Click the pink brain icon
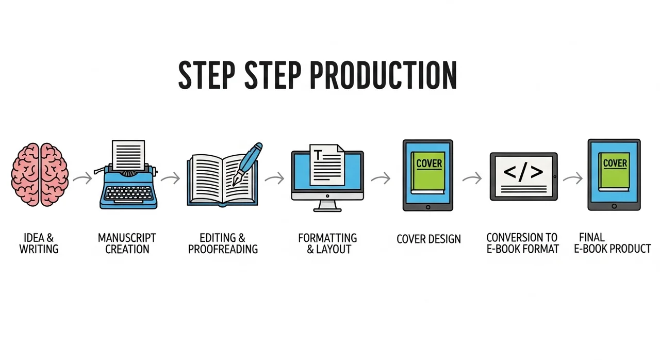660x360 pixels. pyautogui.click(x=40, y=175)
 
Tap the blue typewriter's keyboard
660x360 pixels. pyautogui.click(x=129, y=193)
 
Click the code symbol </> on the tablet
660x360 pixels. pyautogui.click(x=523, y=172)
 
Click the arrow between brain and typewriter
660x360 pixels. pyautogui.click(x=82, y=179)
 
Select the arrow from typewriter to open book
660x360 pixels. pyautogui.click(x=170, y=179)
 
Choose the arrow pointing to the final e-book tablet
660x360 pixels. pyautogui.click(x=572, y=179)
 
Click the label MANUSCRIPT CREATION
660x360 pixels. pyautogui.click(x=127, y=243)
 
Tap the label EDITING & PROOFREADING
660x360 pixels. pyautogui.click(x=223, y=243)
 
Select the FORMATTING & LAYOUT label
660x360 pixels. pyautogui.click(x=327, y=243)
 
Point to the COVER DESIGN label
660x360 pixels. pyautogui.click(x=429, y=239)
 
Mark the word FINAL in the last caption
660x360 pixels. pyautogui.click(x=591, y=238)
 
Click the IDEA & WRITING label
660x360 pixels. pyautogui.click(x=39, y=243)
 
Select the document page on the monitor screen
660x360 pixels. pyautogui.click(x=327, y=165)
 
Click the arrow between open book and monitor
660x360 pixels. pyautogui.click(x=274, y=179)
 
